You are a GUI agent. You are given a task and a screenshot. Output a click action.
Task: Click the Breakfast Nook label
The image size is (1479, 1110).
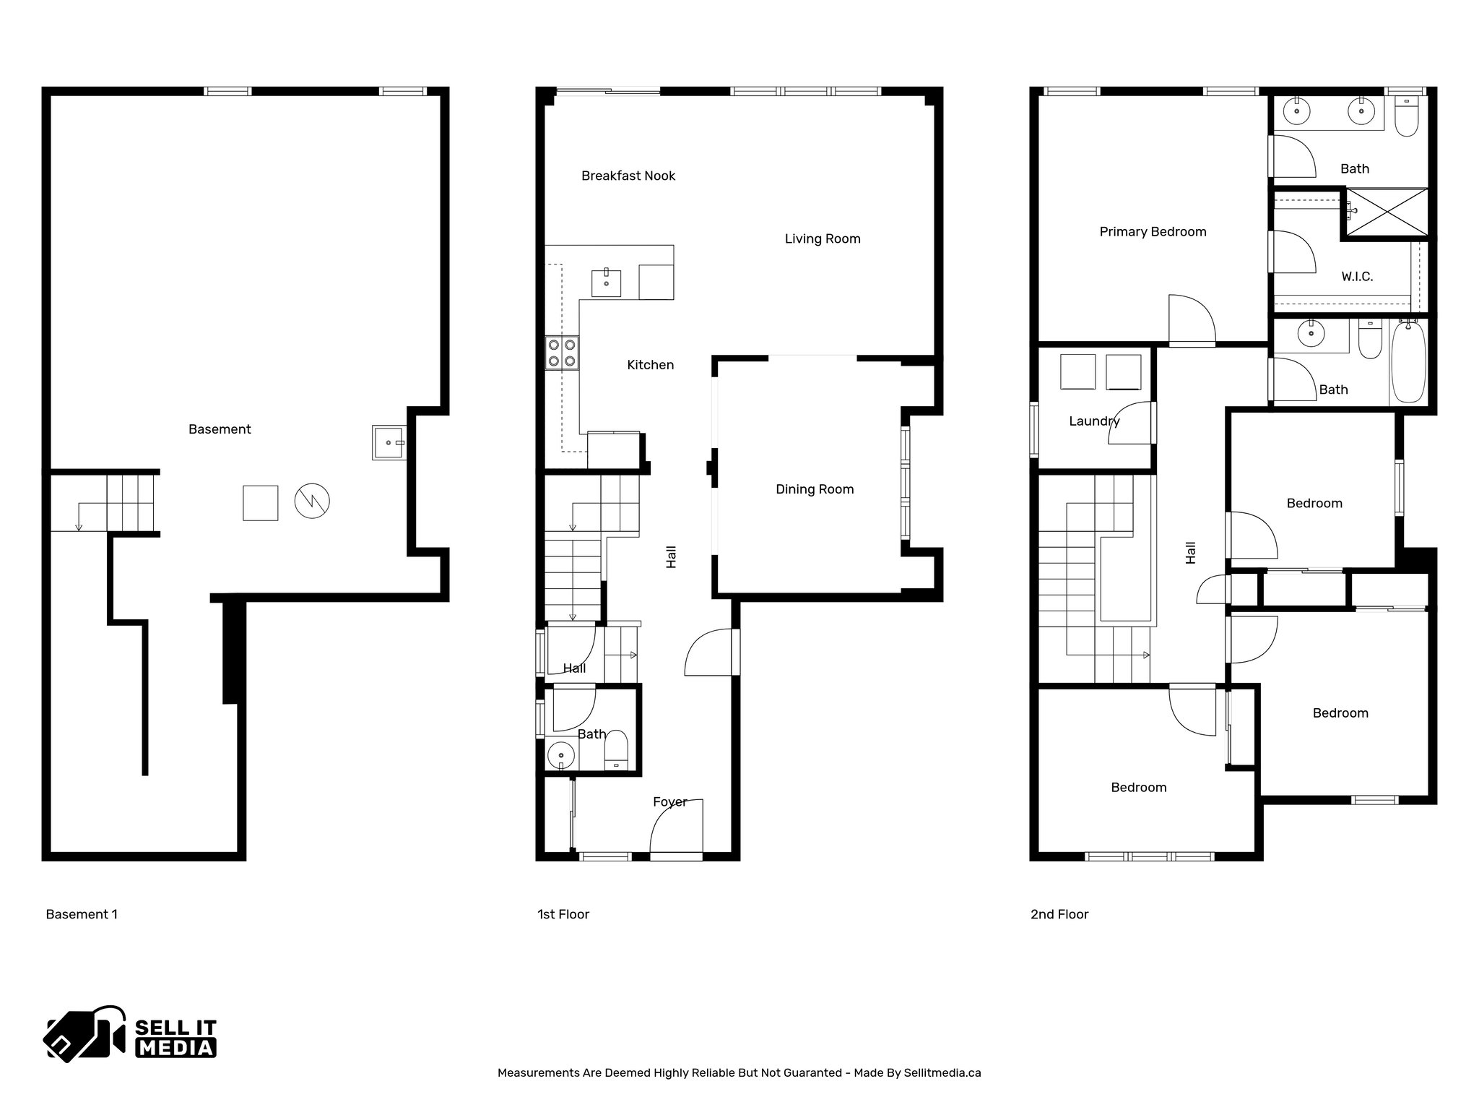click(628, 176)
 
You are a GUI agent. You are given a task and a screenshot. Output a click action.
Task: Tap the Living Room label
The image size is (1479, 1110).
click(822, 238)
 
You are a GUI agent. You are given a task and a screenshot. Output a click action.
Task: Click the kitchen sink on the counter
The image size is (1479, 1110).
click(606, 283)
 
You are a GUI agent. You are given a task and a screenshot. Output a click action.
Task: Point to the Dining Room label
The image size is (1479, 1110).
click(814, 489)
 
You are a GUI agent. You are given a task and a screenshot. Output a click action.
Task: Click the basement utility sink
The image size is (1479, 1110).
click(389, 442)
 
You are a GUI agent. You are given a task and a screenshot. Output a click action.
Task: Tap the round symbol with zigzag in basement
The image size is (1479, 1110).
click(312, 501)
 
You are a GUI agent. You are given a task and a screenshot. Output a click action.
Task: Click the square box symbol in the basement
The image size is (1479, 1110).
click(260, 503)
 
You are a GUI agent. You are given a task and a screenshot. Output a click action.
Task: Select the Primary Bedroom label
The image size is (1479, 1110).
click(1152, 232)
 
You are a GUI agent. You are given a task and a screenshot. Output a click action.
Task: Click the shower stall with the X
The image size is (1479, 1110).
click(1387, 211)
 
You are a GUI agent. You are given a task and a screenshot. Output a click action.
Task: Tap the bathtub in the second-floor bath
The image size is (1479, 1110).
click(1408, 362)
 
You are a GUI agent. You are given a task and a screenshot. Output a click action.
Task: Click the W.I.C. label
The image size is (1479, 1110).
click(1356, 277)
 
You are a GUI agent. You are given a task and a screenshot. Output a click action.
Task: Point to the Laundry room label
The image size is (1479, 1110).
click(1093, 421)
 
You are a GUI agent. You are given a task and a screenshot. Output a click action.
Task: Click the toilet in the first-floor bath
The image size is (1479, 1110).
click(615, 749)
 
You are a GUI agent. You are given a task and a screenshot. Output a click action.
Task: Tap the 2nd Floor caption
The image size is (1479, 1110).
click(1059, 914)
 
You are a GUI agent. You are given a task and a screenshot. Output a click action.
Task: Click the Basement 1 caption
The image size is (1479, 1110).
click(82, 914)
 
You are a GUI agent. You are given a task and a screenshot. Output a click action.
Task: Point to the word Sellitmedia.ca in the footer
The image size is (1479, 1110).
click(942, 1073)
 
